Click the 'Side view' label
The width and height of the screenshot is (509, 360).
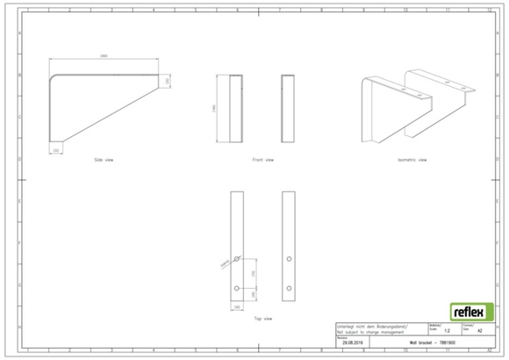(x=103, y=161)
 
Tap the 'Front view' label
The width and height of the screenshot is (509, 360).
(x=262, y=161)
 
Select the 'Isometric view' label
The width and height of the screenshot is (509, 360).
(x=412, y=160)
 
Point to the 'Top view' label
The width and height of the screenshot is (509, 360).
(x=262, y=317)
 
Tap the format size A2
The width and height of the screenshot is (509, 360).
(x=478, y=332)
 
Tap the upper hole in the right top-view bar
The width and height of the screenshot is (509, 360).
(x=289, y=259)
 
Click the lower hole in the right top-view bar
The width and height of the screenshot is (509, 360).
(x=289, y=287)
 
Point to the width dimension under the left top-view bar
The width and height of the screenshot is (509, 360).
(x=236, y=306)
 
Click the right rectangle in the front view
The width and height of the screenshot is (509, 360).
(x=288, y=109)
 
